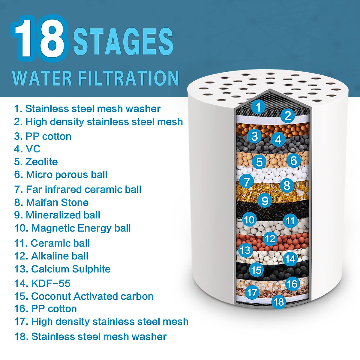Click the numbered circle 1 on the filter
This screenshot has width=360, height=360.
[258, 107]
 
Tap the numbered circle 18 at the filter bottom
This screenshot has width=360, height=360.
[279, 301]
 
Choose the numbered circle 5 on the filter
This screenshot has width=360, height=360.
[259, 162]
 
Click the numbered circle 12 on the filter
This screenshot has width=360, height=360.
[270, 238]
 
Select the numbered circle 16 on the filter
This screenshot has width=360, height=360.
[292, 283]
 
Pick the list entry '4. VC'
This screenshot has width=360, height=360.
[27, 149]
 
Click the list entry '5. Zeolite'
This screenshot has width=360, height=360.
[36, 162]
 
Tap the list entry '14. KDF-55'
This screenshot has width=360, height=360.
[42, 283]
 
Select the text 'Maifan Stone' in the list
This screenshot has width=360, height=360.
[57, 202]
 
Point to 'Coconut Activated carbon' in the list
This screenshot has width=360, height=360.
[92, 296]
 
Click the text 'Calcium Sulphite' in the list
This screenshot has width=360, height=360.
[71, 269]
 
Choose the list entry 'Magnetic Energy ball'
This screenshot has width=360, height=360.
[81, 228]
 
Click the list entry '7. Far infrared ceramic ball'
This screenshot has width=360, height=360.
[77, 189]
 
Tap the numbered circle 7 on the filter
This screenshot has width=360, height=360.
[247, 181]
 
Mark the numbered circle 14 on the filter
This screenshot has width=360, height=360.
[290, 259]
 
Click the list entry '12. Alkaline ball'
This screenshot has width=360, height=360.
[51, 256]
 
